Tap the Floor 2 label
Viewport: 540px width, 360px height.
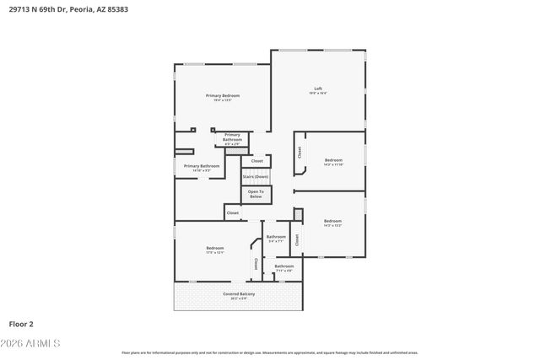coord(21,323)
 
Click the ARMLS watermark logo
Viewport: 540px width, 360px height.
coord(32,344)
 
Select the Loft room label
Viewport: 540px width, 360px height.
coord(318,89)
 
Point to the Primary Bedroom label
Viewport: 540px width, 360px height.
coord(223,95)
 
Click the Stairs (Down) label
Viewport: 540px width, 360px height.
coord(256,176)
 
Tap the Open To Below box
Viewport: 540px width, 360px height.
coord(256,195)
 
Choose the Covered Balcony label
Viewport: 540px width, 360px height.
coord(239,293)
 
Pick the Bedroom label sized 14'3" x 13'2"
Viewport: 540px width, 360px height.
coord(333,222)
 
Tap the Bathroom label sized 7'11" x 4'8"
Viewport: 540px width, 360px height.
coord(283,266)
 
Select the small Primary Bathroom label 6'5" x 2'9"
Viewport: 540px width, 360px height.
coord(232,137)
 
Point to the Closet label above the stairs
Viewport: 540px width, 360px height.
coord(256,160)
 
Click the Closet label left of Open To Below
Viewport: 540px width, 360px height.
coord(232,212)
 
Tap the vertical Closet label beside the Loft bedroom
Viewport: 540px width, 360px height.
coord(299,153)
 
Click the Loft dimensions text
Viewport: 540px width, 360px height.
coord(318,94)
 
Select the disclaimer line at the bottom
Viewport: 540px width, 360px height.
coord(269,352)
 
